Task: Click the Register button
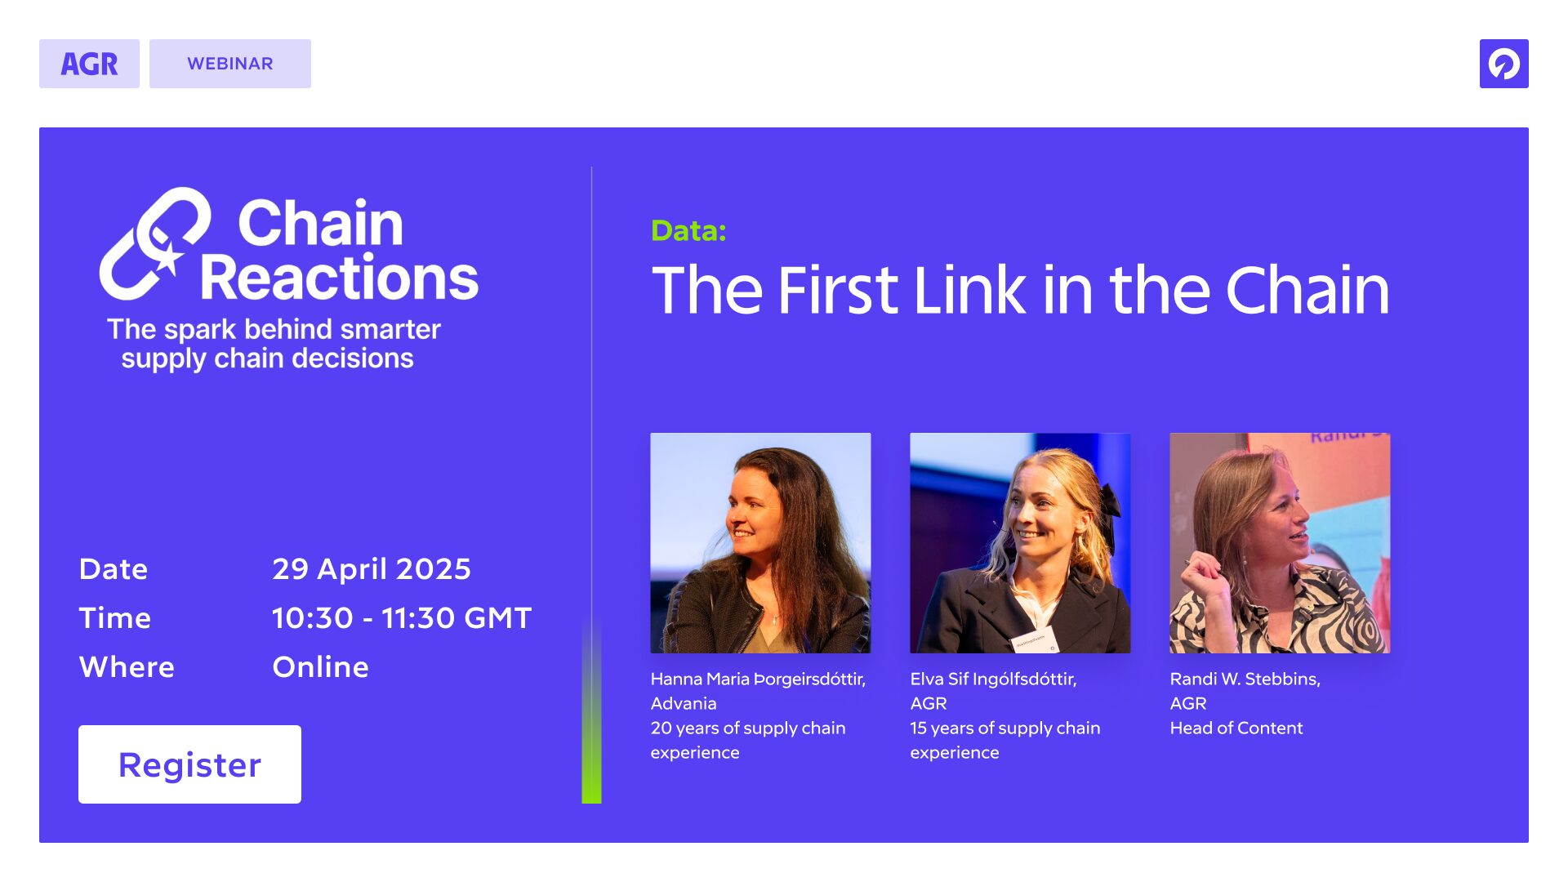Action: click(x=189, y=764)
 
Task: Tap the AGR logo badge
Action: click(x=89, y=64)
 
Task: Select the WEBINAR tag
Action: click(x=230, y=64)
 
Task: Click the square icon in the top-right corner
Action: click(x=1503, y=64)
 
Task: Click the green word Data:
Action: click(x=688, y=231)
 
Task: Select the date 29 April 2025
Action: click(x=372, y=568)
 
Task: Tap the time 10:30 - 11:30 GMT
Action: click(x=402, y=618)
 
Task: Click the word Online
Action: click(x=320, y=667)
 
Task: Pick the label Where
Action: click(x=127, y=667)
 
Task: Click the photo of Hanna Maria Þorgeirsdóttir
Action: click(x=760, y=543)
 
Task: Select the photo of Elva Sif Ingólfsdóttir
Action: click(x=1020, y=543)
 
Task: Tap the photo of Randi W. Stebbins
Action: click(x=1280, y=543)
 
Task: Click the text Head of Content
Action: click(x=1236, y=728)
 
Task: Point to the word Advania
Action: click(x=684, y=703)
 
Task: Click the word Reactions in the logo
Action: click(x=339, y=278)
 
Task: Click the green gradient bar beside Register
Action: click(x=591, y=710)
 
